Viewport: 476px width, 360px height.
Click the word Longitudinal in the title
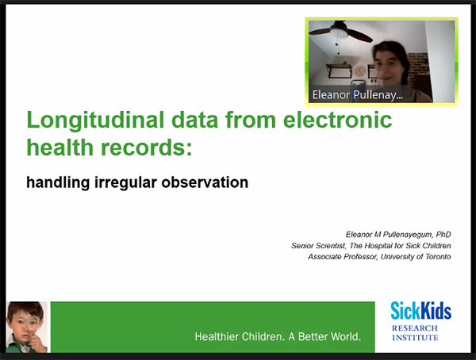tap(95, 121)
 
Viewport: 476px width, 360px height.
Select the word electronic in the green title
tap(337, 120)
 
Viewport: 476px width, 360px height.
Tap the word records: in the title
tap(146, 147)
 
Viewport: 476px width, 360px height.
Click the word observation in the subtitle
tap(205, 182)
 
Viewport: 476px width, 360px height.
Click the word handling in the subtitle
tap(58, 182)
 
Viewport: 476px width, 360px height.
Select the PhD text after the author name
tap(443, 235)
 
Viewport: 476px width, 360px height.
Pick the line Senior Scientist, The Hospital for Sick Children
tap(371, 245)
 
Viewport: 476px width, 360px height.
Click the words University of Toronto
tap(416, 256)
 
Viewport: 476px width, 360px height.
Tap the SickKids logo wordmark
tap(420, 311)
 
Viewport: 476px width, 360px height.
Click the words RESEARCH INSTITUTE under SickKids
tap(415, 333)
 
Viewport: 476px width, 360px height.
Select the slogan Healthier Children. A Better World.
tap(278, 336)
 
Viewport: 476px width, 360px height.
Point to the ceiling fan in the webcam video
tap(340, 32)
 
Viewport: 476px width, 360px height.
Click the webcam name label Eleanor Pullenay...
tap(358, 94)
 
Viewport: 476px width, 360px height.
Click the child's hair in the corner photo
tap(25, 309)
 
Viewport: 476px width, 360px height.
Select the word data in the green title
tap(194, 120)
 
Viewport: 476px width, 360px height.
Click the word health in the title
tap(59, 147)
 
